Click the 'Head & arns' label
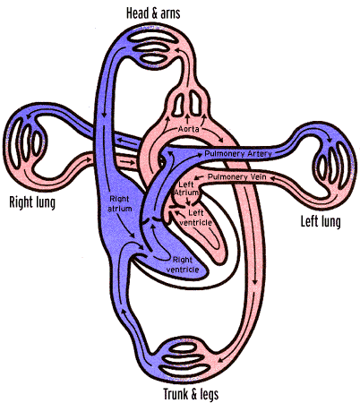pyautogui.click(x=153, y=13)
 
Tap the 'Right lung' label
pyautogui.click(x=32, y=202)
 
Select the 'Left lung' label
pyautogui.click(x=321, y=222)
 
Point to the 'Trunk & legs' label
pyautogui.click(x=191, y=394)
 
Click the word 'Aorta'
pyautogui.click(x=189, y=129)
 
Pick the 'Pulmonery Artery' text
pyautogui.click(x=238, y=154)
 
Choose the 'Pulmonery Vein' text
pyautogui.click(x=236, y=176)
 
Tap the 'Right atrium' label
pyautogui.click(x=119, y=203)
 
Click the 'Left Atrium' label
pyautogui.click(x=186, y=188)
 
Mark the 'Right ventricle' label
pyautogui.click(x=183, y=264)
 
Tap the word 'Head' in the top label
pyautogui.click(x=137, y=13)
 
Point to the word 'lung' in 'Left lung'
pyautogui.click(x=330, y=223)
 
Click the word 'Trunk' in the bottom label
pyautogui.click(x=176, y=394)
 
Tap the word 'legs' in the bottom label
pyautogui.click(x=210, y=395)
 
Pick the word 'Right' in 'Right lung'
pyautogui.click(x=21, y=202)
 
